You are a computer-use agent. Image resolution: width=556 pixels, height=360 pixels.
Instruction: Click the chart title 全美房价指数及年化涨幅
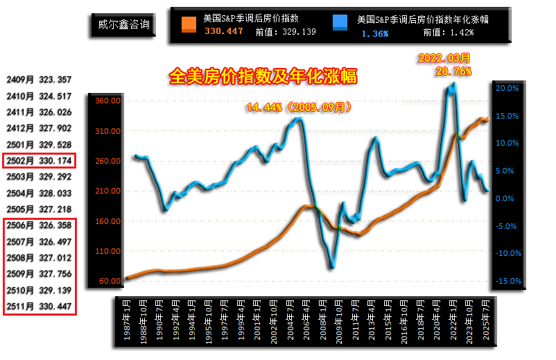(263, 76)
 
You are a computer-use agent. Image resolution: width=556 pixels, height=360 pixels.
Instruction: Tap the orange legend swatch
(189, 25)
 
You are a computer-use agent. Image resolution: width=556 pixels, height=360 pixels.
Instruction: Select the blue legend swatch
(341, 25)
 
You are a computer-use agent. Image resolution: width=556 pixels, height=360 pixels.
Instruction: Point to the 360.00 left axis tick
(110, 101)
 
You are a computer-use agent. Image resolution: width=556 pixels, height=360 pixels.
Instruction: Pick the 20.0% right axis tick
(507, 88)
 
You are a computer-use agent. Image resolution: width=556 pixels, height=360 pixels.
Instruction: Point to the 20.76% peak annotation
(454, 71)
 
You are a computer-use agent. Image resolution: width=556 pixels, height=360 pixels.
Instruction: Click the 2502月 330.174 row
(39, 161)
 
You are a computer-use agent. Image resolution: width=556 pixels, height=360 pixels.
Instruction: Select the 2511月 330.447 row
(39, 306)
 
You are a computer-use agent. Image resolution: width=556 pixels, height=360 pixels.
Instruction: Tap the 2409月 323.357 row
(39, 80)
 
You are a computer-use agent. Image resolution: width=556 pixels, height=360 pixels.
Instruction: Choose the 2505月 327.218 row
(39, 209)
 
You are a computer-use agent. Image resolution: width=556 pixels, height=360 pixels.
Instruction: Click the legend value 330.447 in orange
(224, 32)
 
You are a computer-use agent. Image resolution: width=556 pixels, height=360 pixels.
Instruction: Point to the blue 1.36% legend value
(374, 33)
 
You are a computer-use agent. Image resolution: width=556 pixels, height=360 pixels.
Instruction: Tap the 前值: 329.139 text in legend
(285, 32)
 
